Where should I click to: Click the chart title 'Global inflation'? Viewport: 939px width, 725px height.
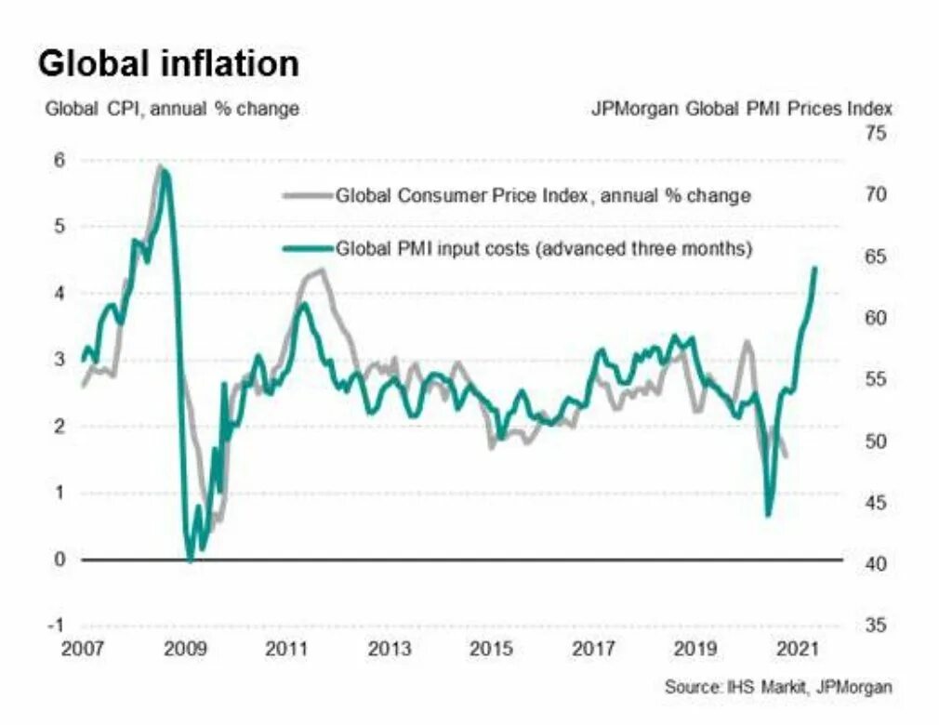pyautogui.click(x=168, y=64)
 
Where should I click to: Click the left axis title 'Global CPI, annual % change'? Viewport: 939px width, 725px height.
pyautogui.click(x=172, y=109)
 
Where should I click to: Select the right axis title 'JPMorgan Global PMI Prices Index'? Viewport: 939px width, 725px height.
pyautogui.click(x=742, y=109)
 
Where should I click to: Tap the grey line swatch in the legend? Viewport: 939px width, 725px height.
pyautogui.click(x=307, y=196)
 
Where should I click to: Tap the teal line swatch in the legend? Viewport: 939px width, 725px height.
pyautogui.click(x=307, y=249)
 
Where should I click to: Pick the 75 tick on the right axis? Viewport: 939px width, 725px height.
pyautogui.click(x=877, y=134)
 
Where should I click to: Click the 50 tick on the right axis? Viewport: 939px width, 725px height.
pyautogui.click(x=877, y=442)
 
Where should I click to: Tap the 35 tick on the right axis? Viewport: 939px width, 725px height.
pyautogui.click(x=877, y=625)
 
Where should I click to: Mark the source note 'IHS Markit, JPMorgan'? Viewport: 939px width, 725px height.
pyautogui.click(x=778, y=688)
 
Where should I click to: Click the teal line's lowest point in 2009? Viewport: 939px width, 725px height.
pyautogui.click(x=191, y=560)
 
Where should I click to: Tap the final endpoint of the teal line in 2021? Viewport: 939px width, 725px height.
pyautogui.click(x=815, y=268)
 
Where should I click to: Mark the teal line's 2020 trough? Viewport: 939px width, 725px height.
pyautogui.click(x=768, y=515)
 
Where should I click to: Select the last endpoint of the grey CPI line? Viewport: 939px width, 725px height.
pyautogui.click(x=787, y=456)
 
